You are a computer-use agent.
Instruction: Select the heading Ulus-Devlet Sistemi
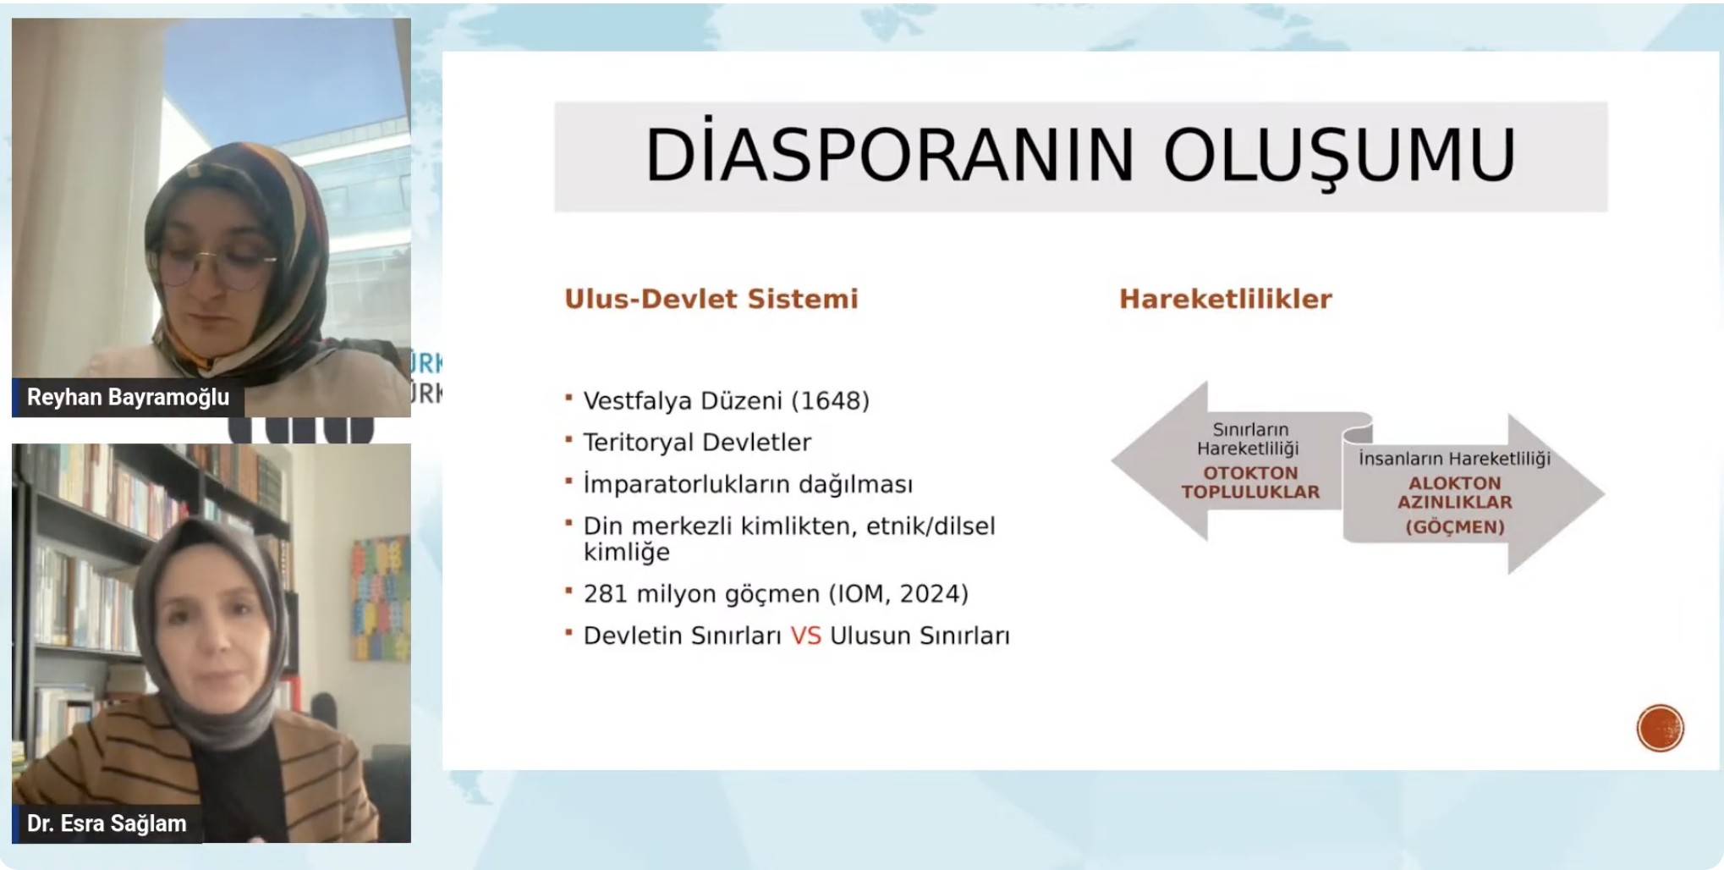(711, 299)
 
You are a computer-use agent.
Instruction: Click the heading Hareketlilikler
(1226, 299)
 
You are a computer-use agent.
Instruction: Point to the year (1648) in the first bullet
(830, 400)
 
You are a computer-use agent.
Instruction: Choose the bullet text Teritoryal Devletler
(697, 442)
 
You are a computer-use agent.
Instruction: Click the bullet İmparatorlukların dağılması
(748, 483)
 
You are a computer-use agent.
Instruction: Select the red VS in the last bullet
(805, 636)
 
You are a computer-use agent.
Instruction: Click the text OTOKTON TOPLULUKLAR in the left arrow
(1250, 482)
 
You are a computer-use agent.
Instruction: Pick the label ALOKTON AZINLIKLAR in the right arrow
(1455, 493)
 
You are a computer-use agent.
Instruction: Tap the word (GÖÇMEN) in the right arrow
(1455, 527)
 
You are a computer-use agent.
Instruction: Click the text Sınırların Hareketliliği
(1249, 439)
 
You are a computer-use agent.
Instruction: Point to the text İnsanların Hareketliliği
(1454, 459)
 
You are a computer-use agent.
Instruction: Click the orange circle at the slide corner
(1660, 728)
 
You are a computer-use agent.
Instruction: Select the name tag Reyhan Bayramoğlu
(129, 397)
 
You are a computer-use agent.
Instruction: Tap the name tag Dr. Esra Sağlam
(107, 823)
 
